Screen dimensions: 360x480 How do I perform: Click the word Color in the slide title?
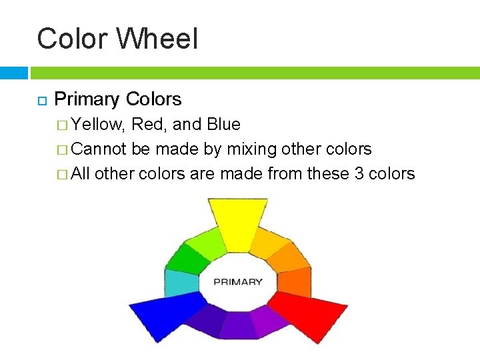pyautogui.click(x=73, y=39)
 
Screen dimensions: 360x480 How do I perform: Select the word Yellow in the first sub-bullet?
pyautogui.click(x=99, y=125)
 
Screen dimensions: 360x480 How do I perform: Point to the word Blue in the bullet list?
pyautogui.click(x=224, y=125)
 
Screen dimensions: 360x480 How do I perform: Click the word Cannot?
pyautogui.click(x=99, y=149)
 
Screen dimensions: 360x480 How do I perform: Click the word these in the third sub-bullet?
pyautogui.click(x=333, y=174)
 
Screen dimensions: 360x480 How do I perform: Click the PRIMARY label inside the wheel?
pyautogui.click(x=238, y=281)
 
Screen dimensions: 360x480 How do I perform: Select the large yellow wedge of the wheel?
pyautogui.click(x=238, y=223)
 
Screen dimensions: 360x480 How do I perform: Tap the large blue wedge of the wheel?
pyautogui.click(x=167, y=313)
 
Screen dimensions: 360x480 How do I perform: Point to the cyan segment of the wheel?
pyautogui.click(x=181, y=283)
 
